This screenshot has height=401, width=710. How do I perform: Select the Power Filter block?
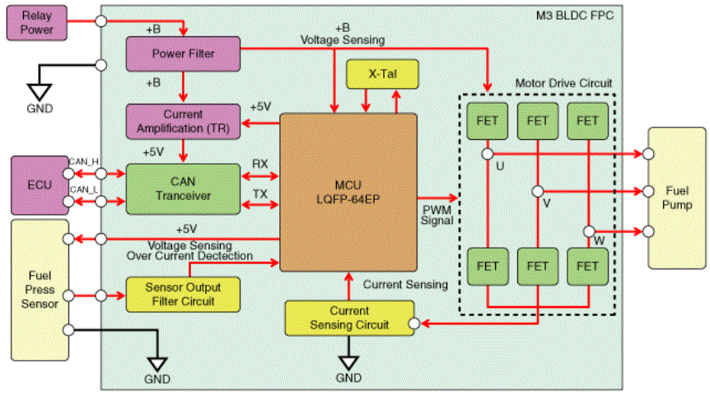tap(183, 54)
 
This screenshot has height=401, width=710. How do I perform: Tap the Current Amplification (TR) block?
tap(183, 121)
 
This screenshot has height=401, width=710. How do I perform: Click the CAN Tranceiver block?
tap(183, 189)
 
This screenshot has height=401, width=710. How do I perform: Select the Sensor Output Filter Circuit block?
tap(183, 295)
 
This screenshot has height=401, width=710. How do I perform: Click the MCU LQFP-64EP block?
tap(348, 192)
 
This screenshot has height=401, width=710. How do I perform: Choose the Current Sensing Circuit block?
tap(348, 318)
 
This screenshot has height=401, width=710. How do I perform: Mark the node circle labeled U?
tap(487, 153)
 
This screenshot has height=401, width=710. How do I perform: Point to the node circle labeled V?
tap(537, 192)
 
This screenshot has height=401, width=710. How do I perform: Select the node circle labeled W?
tap(588, 231)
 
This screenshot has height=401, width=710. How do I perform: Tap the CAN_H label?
tap(84, 161)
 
